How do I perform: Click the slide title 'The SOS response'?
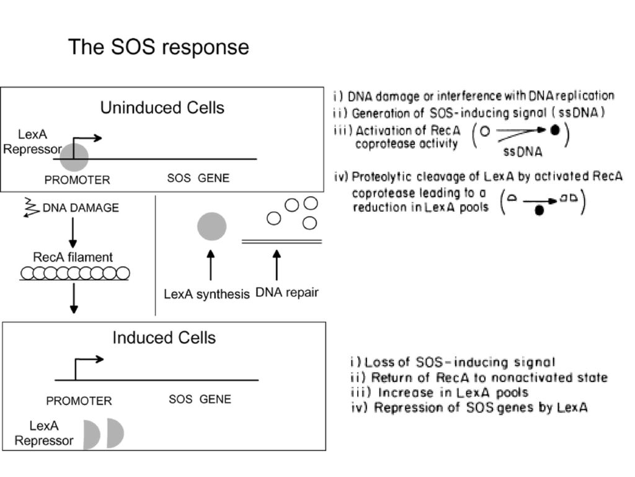point(158,47)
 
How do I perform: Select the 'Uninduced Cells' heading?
point(162,108)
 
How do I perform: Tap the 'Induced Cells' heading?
point(164,337)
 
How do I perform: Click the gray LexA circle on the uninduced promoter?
point(74,157)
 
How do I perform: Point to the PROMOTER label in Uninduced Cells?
point(78,179)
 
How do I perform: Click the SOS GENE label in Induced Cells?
point(200,399)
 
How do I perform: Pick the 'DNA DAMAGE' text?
point(81,207)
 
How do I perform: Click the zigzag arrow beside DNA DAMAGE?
point(32,207)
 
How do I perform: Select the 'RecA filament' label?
point(73,257)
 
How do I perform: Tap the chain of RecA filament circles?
point(75,273)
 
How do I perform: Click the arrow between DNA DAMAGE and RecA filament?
point(73,232)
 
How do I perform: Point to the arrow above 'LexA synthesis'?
point(211,265)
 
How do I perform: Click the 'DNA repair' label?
point(287,293)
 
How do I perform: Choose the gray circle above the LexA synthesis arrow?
point(212,226)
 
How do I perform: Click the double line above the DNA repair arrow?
point(282,242)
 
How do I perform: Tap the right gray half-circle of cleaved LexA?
point(114,433)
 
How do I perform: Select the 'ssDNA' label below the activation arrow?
point(523,152)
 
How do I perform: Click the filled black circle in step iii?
point(555,130)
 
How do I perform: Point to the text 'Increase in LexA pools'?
point(453,393)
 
